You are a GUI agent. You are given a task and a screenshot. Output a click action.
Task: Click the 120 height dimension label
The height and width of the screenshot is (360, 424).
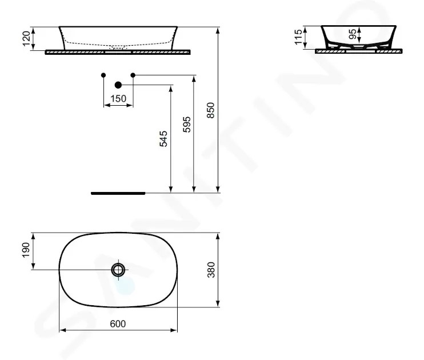26,39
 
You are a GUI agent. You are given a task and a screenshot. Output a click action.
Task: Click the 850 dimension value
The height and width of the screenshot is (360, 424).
210,110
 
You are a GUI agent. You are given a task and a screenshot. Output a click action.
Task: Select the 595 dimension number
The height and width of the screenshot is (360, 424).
187,125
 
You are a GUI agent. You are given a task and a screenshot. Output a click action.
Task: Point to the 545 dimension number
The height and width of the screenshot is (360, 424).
163,139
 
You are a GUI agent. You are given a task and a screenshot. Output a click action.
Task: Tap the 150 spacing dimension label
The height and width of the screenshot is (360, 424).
118,98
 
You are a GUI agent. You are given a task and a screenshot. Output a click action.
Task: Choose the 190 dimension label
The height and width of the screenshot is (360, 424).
26,250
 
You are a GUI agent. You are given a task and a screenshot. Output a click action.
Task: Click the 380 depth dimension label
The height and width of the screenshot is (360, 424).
211,270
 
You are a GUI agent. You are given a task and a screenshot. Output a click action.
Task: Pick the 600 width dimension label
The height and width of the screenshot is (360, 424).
118,324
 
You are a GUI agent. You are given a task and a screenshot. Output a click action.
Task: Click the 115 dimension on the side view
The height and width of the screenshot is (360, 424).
298,37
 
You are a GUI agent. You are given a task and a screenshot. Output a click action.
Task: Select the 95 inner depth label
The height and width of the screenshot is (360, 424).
353,34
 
